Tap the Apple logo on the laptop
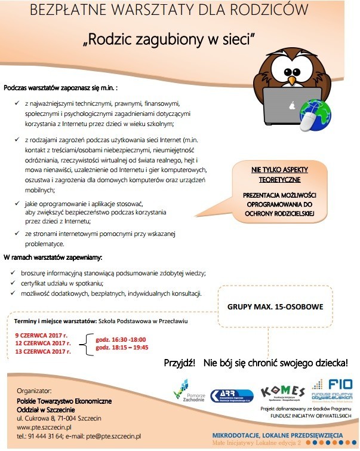(293, 105)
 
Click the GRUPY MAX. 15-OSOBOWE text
(275, 307)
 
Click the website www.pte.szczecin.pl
(45, 428)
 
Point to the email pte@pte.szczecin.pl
(113, 437)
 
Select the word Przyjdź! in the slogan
(180, 363)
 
